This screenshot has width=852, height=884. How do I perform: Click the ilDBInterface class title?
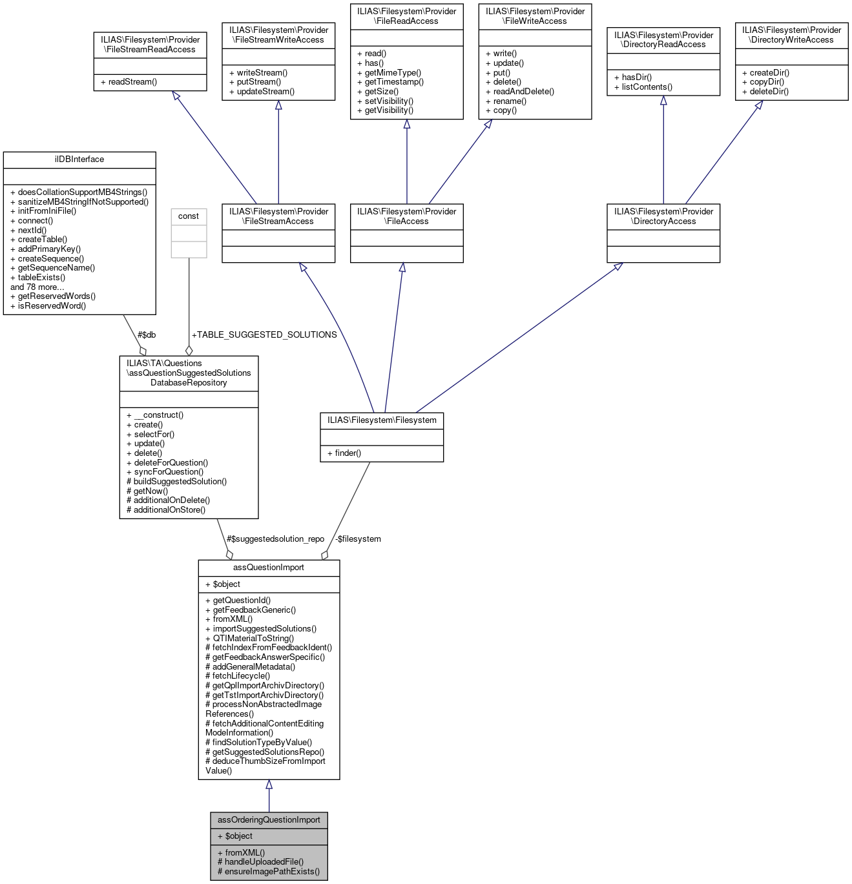(x=79, y=159)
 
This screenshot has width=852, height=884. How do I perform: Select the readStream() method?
(x=132, y=82)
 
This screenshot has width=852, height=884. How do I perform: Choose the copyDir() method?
(x=767, y=82)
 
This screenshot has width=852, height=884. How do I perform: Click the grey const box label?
(x=189, y=216)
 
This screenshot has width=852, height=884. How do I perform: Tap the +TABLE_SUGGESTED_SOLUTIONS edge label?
(x=264, y=334)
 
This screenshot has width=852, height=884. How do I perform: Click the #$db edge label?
(x=147, y=334)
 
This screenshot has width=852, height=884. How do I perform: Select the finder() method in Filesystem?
(x=348, y=453)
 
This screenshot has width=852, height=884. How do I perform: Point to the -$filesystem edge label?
(x=357, y=539)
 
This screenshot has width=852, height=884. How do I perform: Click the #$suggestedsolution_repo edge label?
(x=275, y=539)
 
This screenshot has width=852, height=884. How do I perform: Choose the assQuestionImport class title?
(x=269, y=568)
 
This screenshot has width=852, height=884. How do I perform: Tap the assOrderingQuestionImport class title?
(x=269, y=820)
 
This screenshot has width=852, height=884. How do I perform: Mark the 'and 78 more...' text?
(x=37, y=287)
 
